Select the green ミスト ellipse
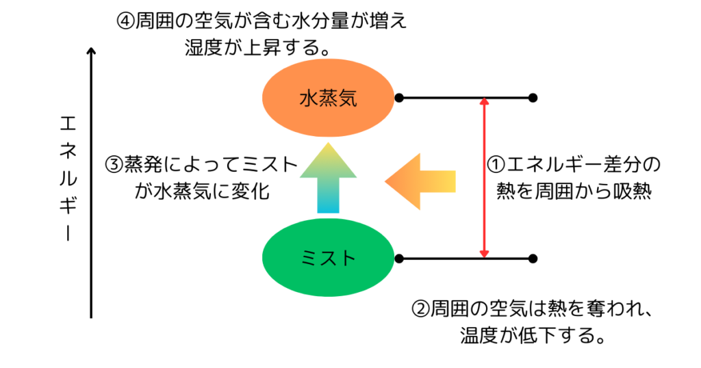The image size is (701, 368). pos(329,258)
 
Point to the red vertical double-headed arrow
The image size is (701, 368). pos(484,178)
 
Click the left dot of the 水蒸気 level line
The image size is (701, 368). pos(398,98)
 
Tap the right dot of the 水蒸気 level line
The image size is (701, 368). pos(533,98)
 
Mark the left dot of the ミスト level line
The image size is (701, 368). pos(398,259)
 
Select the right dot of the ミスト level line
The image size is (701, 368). pos(533,259)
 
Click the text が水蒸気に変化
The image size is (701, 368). pos(202,192)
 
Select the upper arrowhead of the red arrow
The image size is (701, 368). pos(484,103)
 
